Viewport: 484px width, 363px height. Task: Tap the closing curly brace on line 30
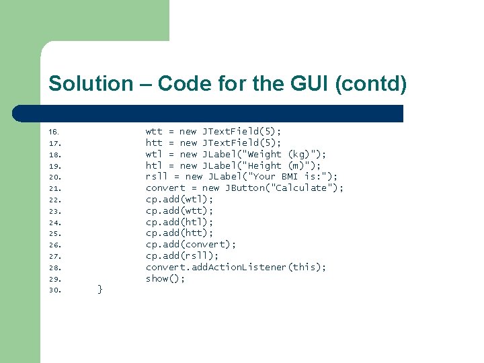click(100, 289)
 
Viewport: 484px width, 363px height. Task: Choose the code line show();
click(165, 278)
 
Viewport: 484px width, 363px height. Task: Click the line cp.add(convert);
click(191, 245)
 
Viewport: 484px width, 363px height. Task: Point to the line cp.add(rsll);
click(182, 256)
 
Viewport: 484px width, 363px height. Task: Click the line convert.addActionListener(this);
click(236, 268)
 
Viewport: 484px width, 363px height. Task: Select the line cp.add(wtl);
click(179, 200)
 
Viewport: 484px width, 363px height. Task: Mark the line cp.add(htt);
click(179, 233)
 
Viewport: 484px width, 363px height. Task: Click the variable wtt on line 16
click(154, 132)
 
